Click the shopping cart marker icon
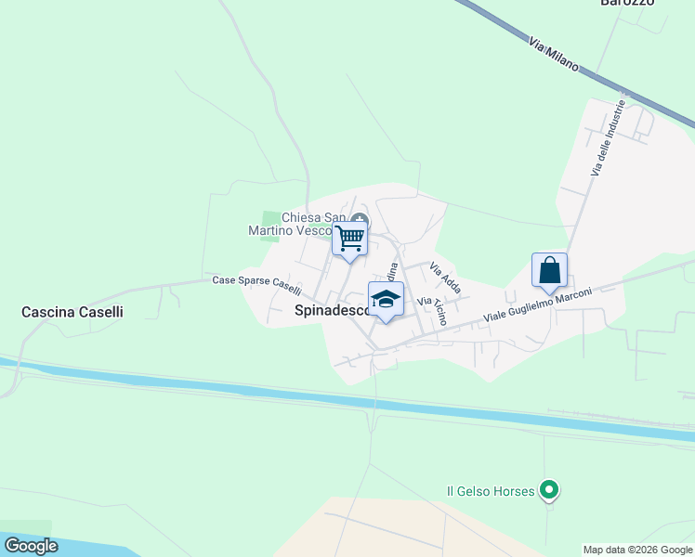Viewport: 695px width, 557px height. click(350, 239)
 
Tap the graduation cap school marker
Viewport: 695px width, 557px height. click(386, 299)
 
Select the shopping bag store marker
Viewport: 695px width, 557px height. click(549, 270)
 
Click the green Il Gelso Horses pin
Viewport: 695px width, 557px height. click(549, 488)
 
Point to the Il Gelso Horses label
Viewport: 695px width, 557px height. click(491, 490)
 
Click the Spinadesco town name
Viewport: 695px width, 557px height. click(332, 311)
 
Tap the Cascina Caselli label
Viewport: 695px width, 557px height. click(72, 313)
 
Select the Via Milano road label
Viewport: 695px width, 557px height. click(553, 55)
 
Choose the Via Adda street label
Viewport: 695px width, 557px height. click(445, 276)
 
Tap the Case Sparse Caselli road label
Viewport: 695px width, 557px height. click(256, 284)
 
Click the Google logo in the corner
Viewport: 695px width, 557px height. click(32, 546)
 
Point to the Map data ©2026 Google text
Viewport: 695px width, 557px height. click(637, 550)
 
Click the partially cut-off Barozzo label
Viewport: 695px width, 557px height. click(627, 3)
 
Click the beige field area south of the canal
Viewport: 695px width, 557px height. click(418, 529)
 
